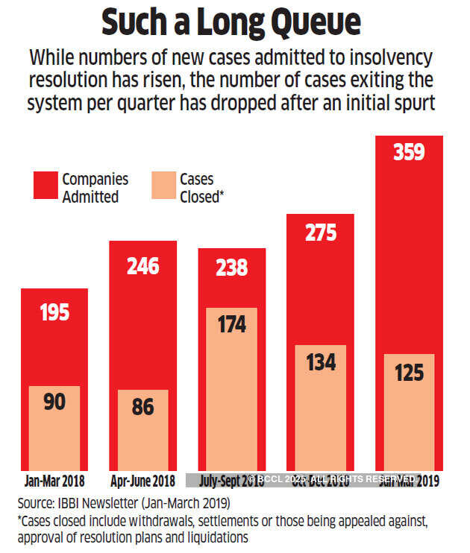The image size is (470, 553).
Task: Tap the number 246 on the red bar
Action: pos(142,265)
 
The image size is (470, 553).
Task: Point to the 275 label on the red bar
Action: pos(321,233)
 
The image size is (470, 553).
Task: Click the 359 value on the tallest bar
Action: pos(409,153)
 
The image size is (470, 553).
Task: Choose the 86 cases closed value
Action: pos(142,407)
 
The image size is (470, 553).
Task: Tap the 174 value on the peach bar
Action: pos(231,325)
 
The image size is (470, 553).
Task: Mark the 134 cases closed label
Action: pos(321,362)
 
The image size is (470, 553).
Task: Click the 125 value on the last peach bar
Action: pos(409,371)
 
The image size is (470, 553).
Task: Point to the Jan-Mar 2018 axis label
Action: pos(54,481)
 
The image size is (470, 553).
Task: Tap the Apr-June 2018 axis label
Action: pos(142,481)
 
